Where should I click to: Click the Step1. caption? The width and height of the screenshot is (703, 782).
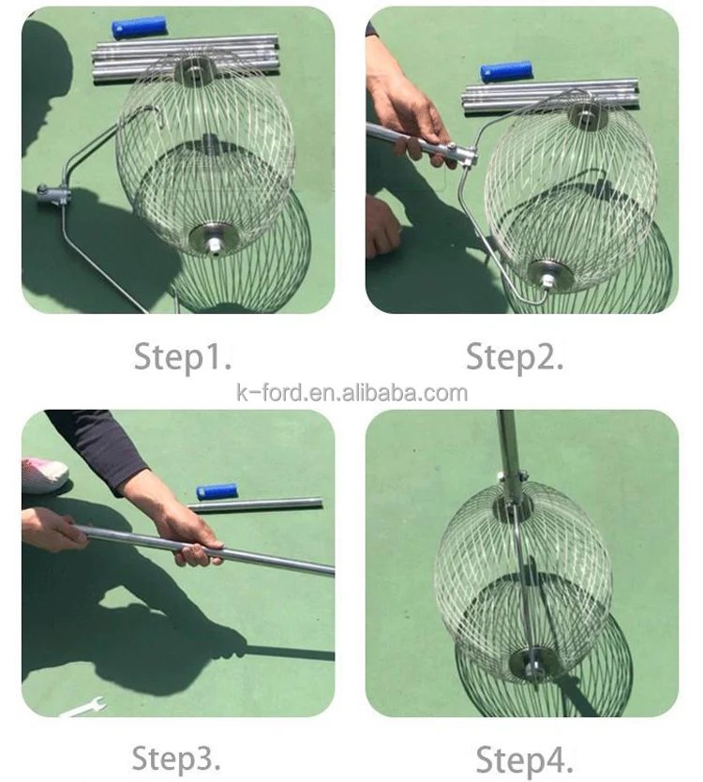coord(182,356)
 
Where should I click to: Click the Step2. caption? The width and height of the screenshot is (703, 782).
coord(515,356)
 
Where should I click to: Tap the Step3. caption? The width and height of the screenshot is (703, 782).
coord(177,757)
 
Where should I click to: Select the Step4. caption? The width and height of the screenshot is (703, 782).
coord(524,759)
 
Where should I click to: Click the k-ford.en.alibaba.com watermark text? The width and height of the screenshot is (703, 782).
coord(351,393)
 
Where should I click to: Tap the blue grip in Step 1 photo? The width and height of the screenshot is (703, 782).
coord(139,27)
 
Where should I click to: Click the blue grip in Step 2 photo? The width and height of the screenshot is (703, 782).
coord(506,71)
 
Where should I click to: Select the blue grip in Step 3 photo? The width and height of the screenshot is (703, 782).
coord(217,490)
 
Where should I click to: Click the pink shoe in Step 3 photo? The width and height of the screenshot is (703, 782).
coord(43,474)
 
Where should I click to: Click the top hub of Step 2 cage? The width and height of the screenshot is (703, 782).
coord(588,114)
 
